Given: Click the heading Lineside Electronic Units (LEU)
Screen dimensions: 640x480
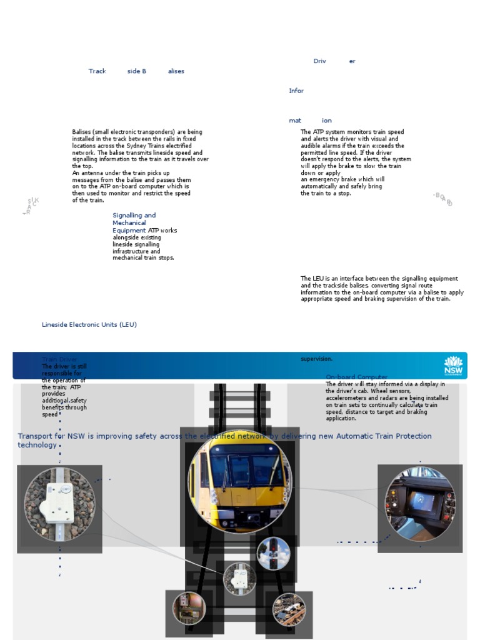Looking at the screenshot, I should (89, 325).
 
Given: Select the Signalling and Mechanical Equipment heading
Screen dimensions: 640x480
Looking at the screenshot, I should (134, 222).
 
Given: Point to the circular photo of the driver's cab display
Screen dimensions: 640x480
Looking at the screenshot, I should (420, 504).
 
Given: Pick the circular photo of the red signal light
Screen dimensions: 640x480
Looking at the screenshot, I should (274, 553).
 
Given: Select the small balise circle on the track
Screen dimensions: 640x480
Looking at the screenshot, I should (240, 578).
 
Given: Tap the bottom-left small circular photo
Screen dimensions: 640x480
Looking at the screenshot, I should (189, 608).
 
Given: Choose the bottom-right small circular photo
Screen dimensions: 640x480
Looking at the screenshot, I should (289, 610).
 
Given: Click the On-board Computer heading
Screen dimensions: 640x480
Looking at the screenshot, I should (356, 377).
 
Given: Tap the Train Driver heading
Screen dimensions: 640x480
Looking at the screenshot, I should (60, 360).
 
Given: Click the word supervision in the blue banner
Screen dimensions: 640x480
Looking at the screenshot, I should (316, 359).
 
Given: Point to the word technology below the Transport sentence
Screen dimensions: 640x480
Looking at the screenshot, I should (37, 445).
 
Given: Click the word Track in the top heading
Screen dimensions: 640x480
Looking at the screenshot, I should (97, 71).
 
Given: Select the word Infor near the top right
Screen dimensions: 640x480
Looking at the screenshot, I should (296, 91).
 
